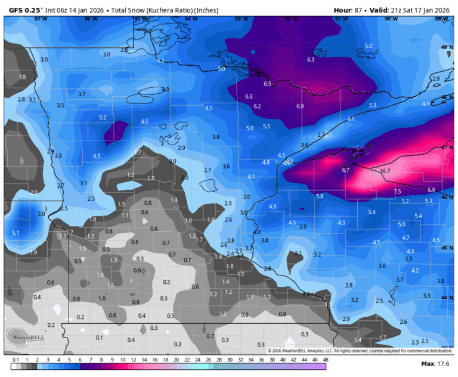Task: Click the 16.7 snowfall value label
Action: [x=385, y=171]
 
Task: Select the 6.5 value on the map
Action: [x=267, y=84]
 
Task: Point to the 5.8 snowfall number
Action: [x=320, y=196]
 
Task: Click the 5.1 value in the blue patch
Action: [x=16, y=233]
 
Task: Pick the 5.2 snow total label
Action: [x=103, y=117]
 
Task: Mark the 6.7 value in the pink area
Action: [x=345, y=170]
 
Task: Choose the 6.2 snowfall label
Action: [x=257, y=106]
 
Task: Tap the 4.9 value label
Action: [x=273, y=206]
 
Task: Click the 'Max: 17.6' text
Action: [x=435, y=364]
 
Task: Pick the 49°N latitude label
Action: [x=444, y=47]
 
